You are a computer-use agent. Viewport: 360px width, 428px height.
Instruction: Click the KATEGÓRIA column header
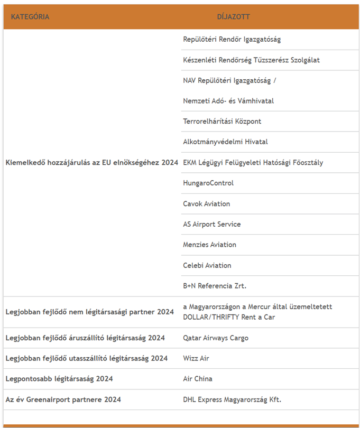(30, 17)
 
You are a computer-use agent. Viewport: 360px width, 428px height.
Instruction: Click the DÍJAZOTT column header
(233, 17)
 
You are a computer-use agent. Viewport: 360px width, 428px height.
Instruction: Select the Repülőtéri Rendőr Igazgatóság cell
(232, 40)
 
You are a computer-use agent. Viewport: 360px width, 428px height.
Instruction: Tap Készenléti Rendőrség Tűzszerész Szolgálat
(251, 60)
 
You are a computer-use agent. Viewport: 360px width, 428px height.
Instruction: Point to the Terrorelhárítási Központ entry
(222, 122)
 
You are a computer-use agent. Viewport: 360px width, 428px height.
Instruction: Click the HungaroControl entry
(208, 183)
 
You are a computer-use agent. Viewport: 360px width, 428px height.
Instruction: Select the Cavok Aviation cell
(206, 204)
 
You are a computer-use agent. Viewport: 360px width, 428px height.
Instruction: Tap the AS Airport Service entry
(211, 225)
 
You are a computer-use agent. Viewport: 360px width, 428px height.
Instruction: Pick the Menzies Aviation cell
(209, 245)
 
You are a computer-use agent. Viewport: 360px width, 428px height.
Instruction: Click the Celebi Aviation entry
(207, 266)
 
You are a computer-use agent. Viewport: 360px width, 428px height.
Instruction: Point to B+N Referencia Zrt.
(215, 286)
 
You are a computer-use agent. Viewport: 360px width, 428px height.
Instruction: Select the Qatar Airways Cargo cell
(215, 338)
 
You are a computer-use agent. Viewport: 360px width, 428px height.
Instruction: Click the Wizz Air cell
(196, 359)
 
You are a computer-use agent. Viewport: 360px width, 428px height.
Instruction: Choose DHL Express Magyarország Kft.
(232, 400)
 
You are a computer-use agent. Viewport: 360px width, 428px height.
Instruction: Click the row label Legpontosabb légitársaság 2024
(59, 379)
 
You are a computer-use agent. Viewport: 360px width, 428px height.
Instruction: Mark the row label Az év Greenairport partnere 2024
(63, 400)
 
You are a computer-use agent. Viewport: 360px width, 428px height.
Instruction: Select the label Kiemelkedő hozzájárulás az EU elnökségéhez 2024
(91, 163)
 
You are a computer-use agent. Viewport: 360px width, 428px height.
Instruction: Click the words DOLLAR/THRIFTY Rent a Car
(229, 318)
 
